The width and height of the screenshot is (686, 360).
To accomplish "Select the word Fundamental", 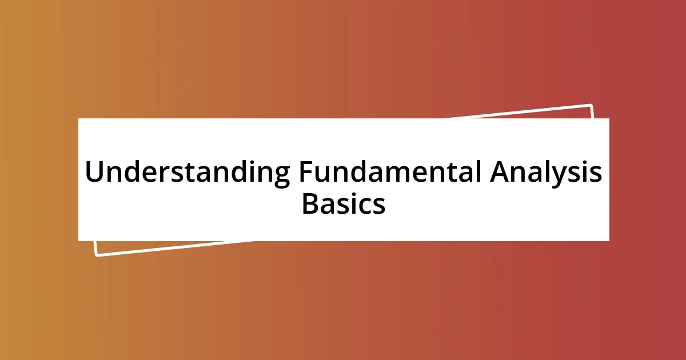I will click(x=388, y=173).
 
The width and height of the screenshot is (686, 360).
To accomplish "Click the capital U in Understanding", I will click(x=94, y=173).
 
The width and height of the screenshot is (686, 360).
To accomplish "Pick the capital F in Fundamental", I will click(x=305, y=173).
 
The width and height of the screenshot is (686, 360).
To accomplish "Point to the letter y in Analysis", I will click(x=563, y=176).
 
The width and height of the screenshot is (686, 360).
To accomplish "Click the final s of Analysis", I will click(x=595, y=174).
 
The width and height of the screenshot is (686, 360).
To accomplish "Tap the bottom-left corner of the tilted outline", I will click(x=97, y=255).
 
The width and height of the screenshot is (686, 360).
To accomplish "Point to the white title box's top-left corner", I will click(x=78, y=119).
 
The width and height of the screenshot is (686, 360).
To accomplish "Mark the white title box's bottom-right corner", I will click(x=609, y=241).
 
